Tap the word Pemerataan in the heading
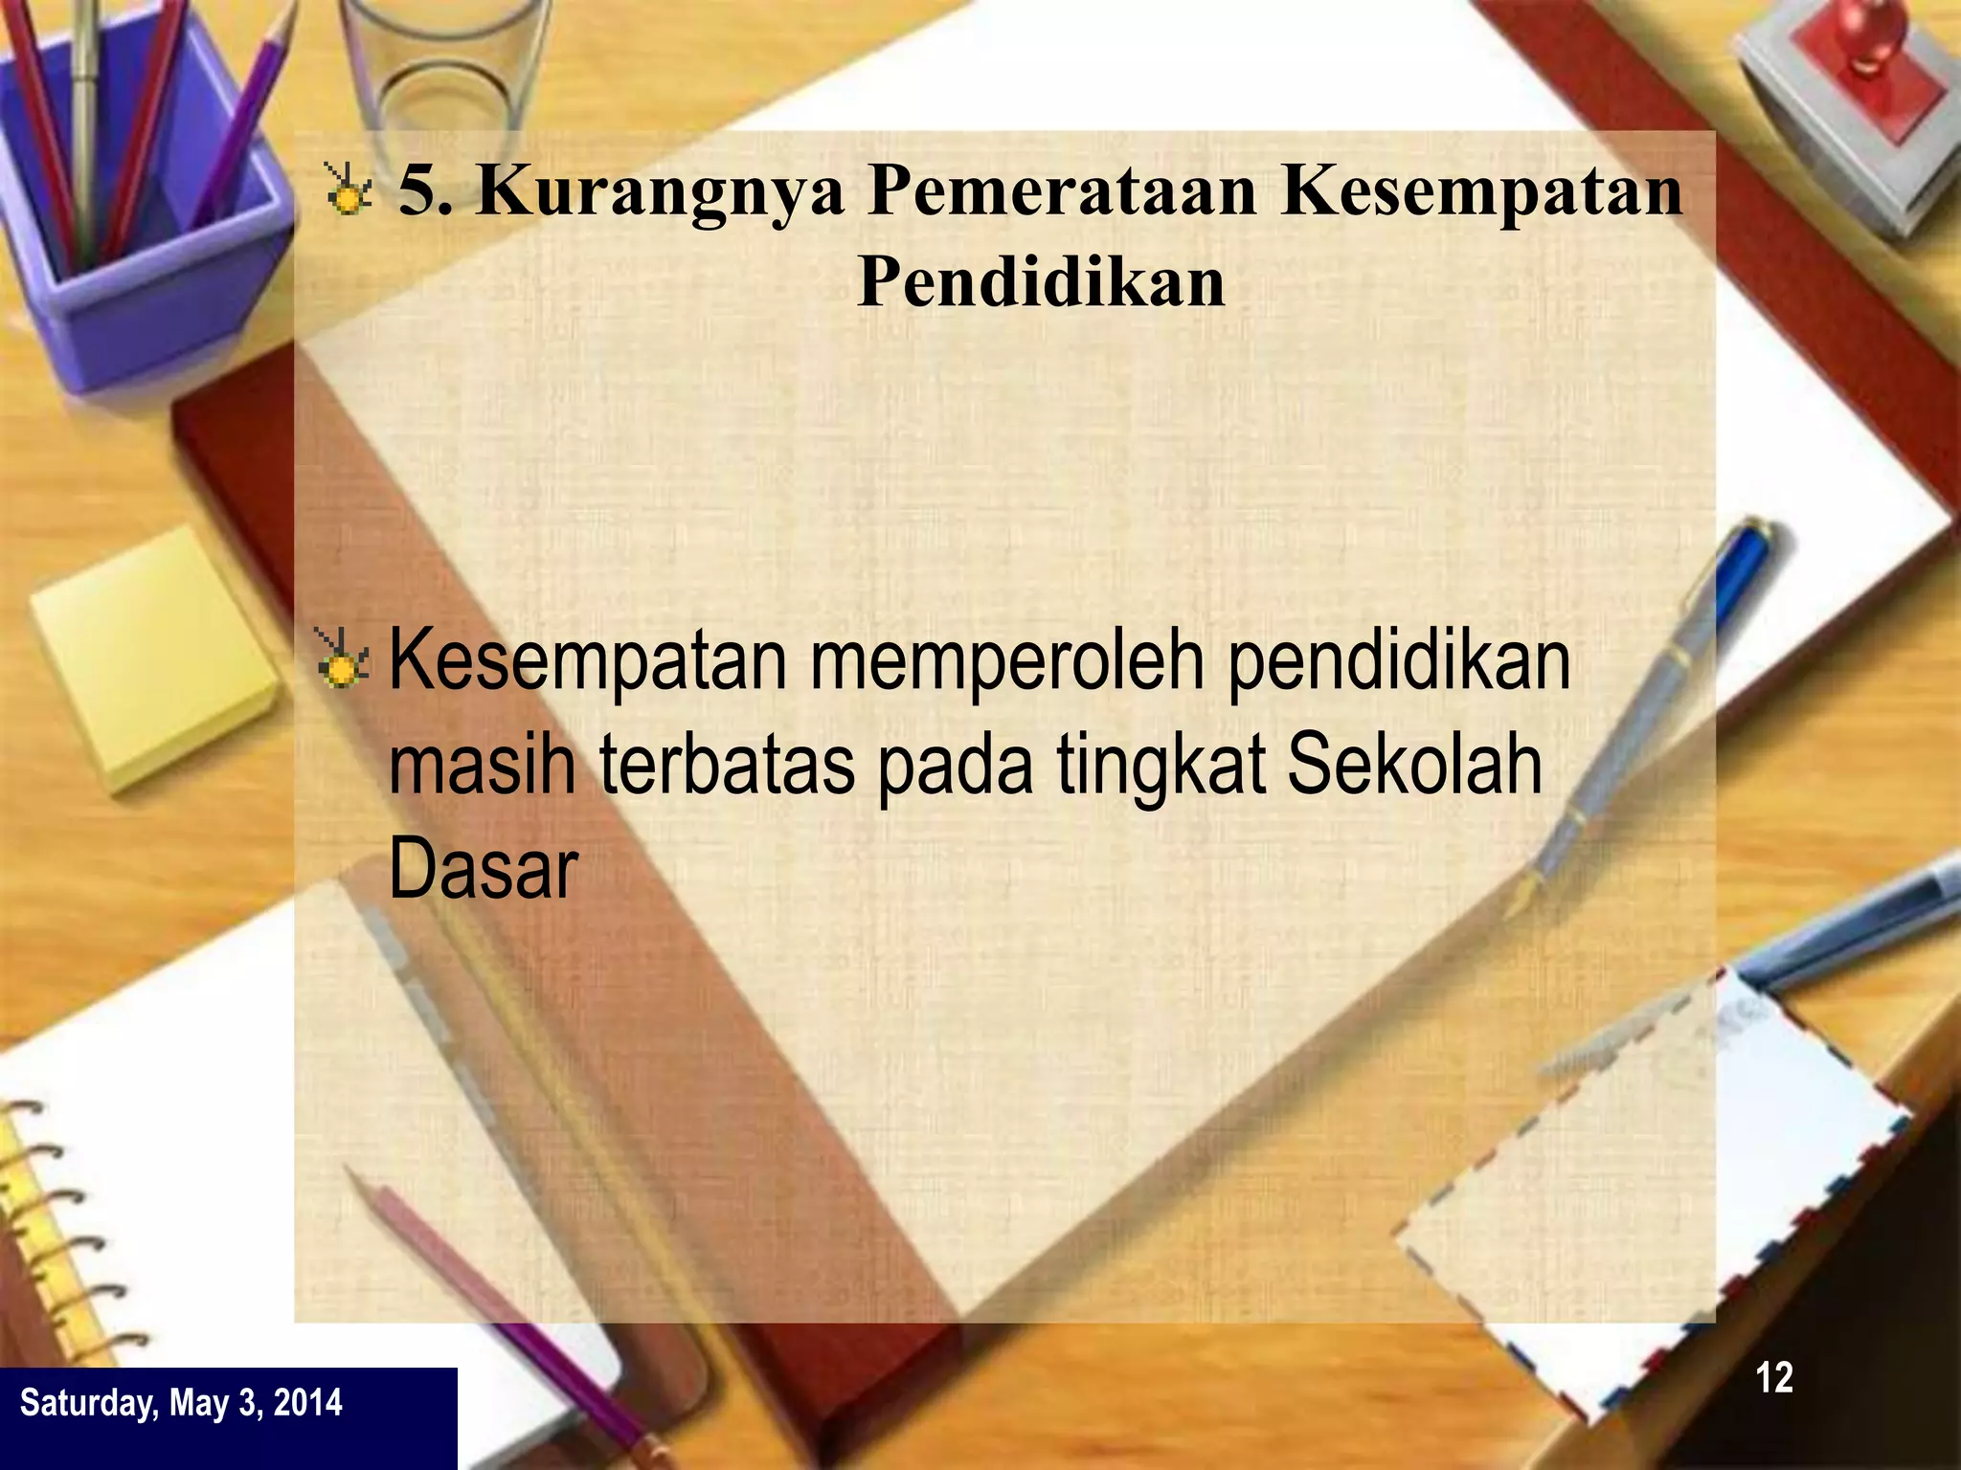[1061, 191]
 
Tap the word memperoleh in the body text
[1007, 662]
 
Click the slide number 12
[1773, 1378]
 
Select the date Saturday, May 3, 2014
[181, 1403]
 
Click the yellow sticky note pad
[153, 660]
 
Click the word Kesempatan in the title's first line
[1481, 191]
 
